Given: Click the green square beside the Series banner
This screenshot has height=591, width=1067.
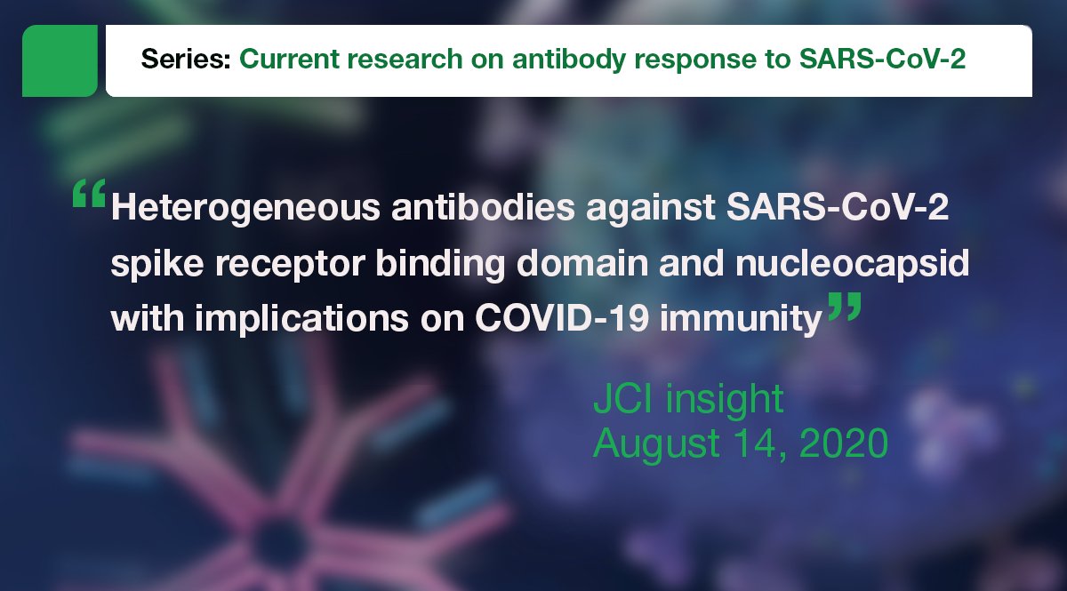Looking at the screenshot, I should (x=60, y=60).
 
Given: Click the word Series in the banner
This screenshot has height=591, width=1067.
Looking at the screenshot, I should (x=185, y=60).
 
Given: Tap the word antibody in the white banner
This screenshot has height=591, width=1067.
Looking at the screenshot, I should (x=492, y=60).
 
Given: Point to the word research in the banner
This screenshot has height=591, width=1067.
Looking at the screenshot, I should (x=365, y=60).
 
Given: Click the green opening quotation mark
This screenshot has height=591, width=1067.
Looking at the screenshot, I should (x=88, y=196).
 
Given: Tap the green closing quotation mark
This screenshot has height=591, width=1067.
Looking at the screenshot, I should (x=844, y=309).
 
